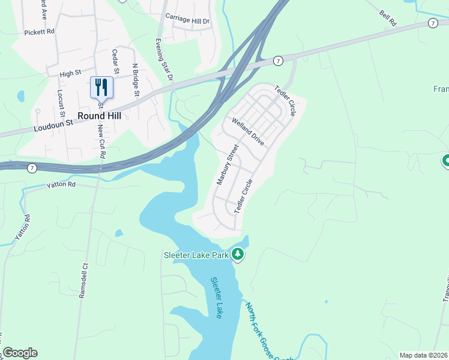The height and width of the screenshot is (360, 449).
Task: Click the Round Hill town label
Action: [x=100, y=116]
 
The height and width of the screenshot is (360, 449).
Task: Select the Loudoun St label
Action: [x=53, y=122]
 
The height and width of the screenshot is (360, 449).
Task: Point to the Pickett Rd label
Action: [x=40, y=31]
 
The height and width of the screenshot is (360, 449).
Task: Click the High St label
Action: [x=70, y=74]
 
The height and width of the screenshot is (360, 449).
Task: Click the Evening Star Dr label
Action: [x=164, y=59]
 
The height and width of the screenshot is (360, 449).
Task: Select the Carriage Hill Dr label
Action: [x=187, y=20]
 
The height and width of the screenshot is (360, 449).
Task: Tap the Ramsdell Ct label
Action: [x=85, y=283]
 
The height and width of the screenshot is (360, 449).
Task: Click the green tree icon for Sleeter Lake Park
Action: [x=238, y=255]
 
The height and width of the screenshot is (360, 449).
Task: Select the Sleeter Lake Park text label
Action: [x=196, y=255]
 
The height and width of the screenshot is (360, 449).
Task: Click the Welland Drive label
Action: [x=247, y=131]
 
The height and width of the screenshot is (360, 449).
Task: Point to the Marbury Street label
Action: [x=227, y=164]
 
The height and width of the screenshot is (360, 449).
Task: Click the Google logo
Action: [x=20, y=353]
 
